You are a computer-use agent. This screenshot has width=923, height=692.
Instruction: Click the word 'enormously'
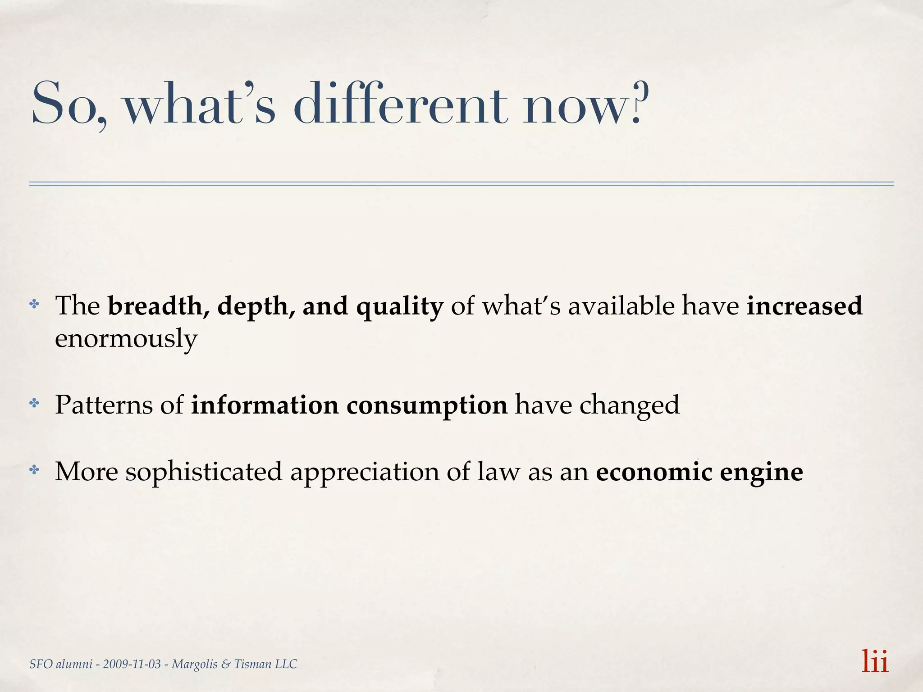126,339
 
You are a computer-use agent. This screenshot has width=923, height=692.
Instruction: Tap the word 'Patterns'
104,405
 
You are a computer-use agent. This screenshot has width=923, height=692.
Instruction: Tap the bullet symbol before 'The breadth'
34,305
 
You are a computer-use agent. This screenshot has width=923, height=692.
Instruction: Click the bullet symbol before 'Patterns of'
34,403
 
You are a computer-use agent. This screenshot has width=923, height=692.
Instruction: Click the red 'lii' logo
874,661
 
